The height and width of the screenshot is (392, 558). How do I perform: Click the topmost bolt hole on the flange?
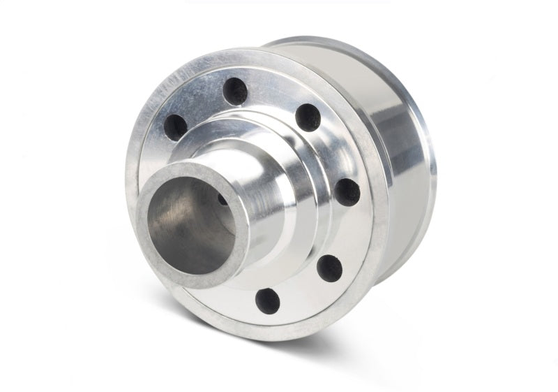pos(235,91)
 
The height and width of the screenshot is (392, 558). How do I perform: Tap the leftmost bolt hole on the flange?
pos(176,127)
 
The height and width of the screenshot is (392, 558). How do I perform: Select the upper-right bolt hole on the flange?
pos(307,117)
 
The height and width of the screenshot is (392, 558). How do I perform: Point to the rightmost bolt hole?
pos(347,192)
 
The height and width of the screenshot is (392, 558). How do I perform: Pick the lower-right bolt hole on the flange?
pos(329,267)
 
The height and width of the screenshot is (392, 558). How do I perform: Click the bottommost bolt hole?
pos(268,300)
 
